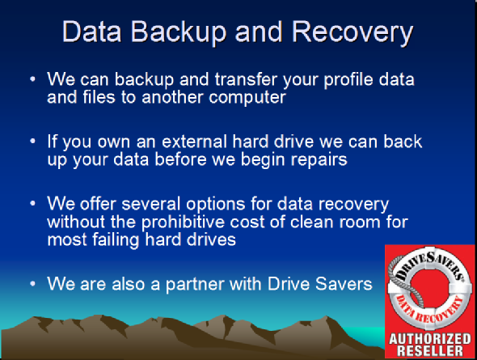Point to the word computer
click(x=247, y=98)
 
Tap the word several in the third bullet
click(x=151, y=204)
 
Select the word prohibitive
click(x=184, y=222)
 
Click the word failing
click(x=116, y=239)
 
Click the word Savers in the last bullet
click(x=344, y=284)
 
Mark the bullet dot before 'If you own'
click(x=33, y=142)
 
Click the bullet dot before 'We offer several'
click(x=33, y=204)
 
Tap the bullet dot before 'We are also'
click(x=33, y=284)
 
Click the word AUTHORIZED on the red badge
click(x=430, y=339)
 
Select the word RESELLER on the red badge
click(x=430, y=350)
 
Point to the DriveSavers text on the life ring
click(x=429, y=265)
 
